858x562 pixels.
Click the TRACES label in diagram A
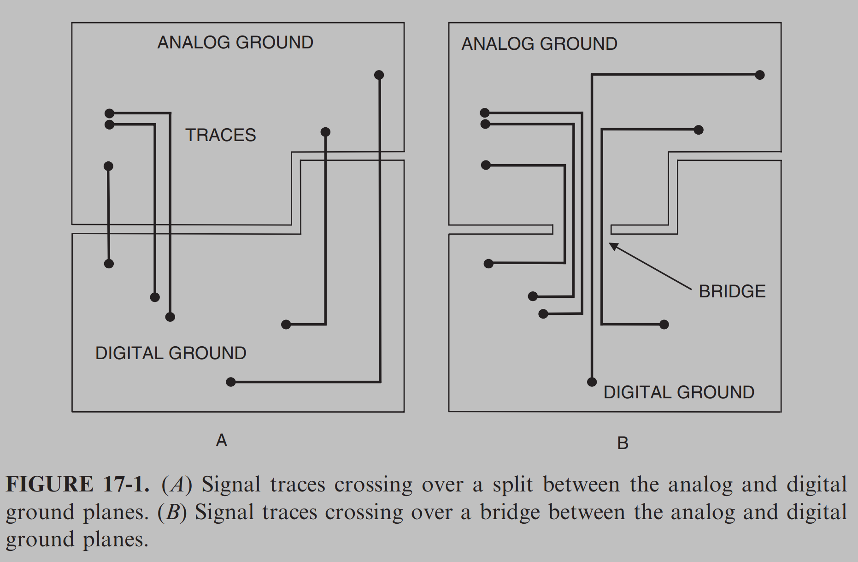click(220, 135)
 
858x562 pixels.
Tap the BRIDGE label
click(732, 291)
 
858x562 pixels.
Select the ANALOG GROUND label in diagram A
click(235, 42)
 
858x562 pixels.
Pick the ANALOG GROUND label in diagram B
click(539, 44)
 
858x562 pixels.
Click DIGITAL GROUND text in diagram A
click(170, 353)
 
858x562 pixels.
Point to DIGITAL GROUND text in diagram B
click(679, 392)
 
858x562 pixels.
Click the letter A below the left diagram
click(221, 441)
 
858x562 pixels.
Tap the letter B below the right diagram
click(623, 443)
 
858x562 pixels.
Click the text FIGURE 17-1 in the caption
click(77, 485)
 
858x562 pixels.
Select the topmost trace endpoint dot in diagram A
click(379, 75)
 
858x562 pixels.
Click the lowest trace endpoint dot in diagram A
click(231, 382)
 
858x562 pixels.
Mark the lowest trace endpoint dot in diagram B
click(592, 382)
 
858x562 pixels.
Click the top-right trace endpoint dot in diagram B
click(760, 75)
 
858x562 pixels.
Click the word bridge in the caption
click(510, 512)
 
